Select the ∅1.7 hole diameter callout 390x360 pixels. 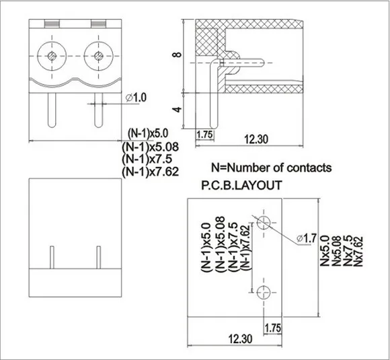tap(307, 238)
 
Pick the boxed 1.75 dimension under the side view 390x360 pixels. tap(204, 135)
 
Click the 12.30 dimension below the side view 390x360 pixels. tap(258, 139)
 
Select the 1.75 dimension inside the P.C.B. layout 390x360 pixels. tap(273, 328)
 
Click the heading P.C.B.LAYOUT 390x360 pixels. tap(240, 186)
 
